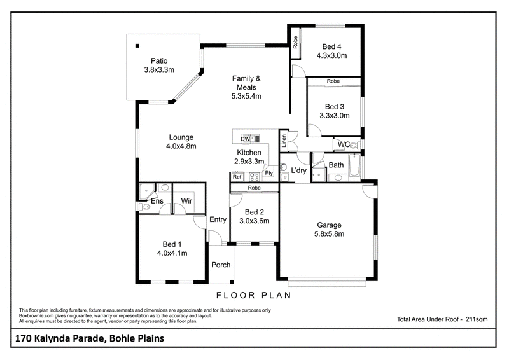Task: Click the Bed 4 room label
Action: click(331, 46)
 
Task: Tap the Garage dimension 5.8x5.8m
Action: click(329, 233)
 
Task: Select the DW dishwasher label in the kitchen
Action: click(245, 139)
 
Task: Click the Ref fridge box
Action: click(237, 177)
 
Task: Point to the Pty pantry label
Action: click(268, 173)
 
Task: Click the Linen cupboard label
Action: click(284, 141)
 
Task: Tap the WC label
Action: click(344, 144)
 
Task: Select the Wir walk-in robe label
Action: click(186, 201)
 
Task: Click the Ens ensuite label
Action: click(157, 201)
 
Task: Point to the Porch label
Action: click(221, 265)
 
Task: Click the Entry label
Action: click(218, 220)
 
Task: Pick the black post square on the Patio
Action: click(137, 46)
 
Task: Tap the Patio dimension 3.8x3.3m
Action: click(159, 70)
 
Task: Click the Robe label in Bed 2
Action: click(254, 188)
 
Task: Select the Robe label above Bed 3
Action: click(333, 81)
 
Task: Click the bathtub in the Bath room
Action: click(354, 167)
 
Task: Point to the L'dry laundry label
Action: click(298, 170)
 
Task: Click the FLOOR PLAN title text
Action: click(254, 295)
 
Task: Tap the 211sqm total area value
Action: click(477, 319)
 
